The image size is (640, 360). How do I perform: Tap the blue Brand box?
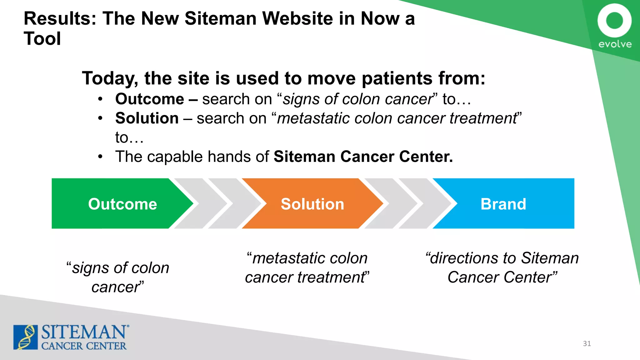[x=503, y=204]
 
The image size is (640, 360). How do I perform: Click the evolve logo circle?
[x=614, y=21]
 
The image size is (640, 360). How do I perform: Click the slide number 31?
[x=587, y=343]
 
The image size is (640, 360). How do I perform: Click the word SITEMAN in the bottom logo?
[x=84, y=332]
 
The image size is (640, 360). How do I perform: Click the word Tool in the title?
[x=42, y=39]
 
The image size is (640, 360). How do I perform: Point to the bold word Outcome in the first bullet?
[x=150, y=99]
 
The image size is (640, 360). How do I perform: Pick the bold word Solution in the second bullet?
[x=147, y=118]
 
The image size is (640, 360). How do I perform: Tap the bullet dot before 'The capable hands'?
[x=100, y=157]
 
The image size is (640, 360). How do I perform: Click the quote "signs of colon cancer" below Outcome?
[x=118, y=277]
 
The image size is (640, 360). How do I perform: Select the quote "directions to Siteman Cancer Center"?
[x=502, y=267]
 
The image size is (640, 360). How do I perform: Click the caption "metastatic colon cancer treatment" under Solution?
[x=307, y=267]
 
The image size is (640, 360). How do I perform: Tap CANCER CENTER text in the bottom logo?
[x=84, y=346]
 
